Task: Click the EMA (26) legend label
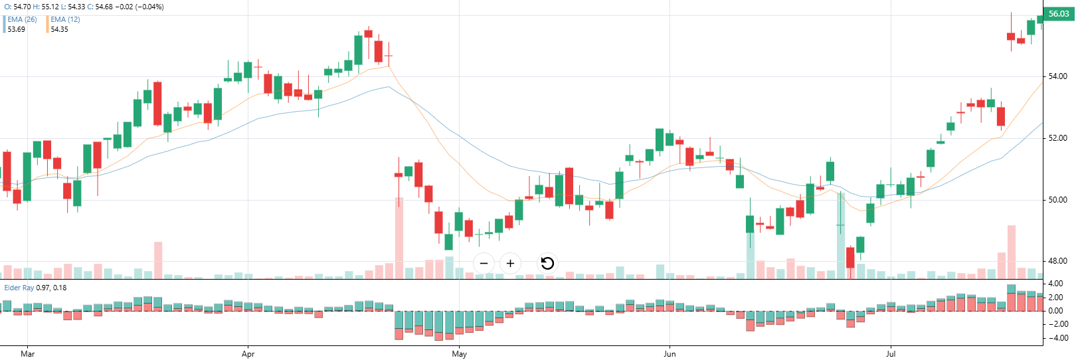[22, 20]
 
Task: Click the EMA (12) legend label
[65, 20]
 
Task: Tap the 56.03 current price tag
[1058, 14]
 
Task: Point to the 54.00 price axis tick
[1057, 76]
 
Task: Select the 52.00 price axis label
[1057, 138]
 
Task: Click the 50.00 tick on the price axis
[1057, 200]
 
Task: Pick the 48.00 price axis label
[1057, 261]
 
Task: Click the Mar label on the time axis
[28, 354]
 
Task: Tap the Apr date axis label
[248, 354]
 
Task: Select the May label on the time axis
[459, 354]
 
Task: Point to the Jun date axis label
[670, 354]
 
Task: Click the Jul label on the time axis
[890, 354]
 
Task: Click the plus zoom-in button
[510, 263]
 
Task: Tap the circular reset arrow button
[547, 263]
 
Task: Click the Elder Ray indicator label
[19, 288]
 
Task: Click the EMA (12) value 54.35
[59, 29]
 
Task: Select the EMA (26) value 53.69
[16, 29]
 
